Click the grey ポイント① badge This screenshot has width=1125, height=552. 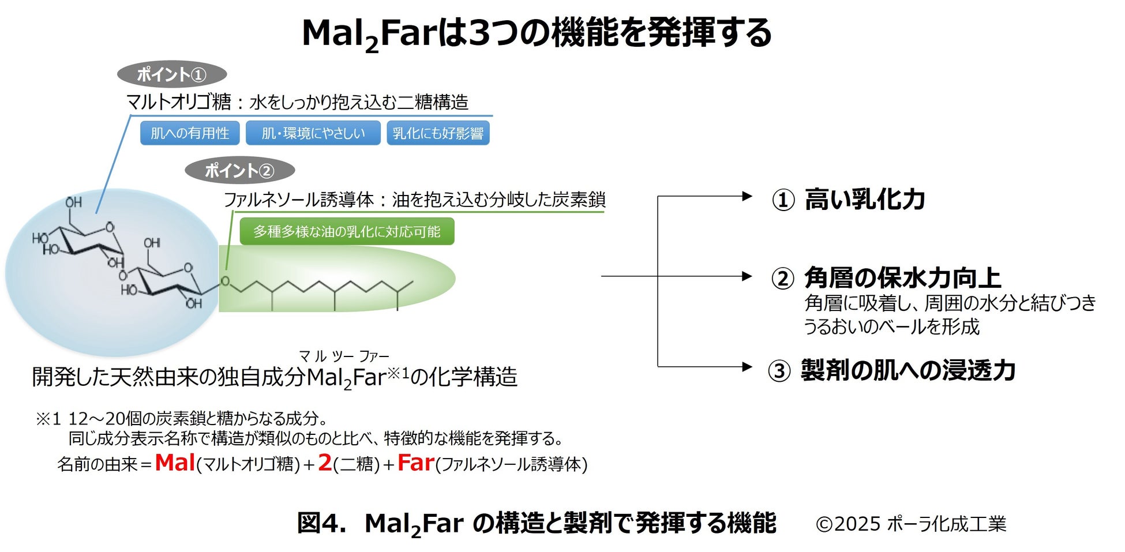pos(171,74)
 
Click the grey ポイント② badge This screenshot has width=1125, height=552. pos(239,171)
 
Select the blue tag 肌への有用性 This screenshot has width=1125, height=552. pos(190,133)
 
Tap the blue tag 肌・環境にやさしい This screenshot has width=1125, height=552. pos(313,133)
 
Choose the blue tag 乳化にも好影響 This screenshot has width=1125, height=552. pos(438,133)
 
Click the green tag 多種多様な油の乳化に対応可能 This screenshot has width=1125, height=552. pos(347,231)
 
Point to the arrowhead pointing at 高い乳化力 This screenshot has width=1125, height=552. pos(747,197)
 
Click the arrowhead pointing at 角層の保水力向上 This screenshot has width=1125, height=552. pos(747,276)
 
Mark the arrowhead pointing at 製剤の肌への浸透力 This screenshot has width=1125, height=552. pos(747,367)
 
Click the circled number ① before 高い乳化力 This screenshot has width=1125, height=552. pos(783,201)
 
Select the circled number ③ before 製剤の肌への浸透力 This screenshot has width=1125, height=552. pos(779,371)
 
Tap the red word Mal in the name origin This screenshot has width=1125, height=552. pos(175,463)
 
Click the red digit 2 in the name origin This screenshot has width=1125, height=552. pos(325,463)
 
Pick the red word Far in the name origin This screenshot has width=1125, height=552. pos(415,463)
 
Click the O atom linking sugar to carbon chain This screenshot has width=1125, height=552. pos(225,281)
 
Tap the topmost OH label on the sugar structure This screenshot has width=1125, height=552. pos(73,202)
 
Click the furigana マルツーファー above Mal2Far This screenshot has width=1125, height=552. pos(344,356)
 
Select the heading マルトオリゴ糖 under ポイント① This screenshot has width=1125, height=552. pos(178,103)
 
